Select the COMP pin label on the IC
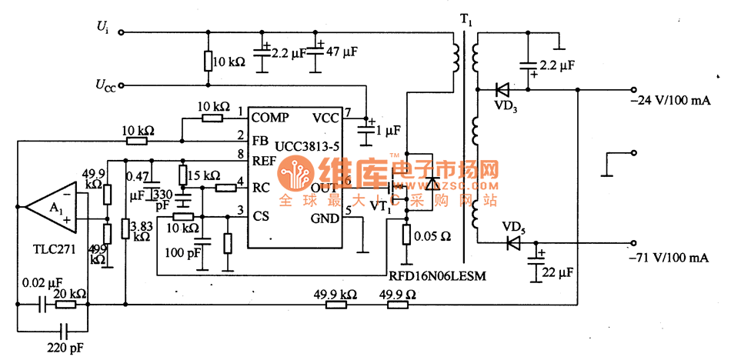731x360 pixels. (271, 118)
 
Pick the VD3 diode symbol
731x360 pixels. (506, 88)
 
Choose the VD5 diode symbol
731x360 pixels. (513, 242)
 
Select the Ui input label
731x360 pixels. (102, 27)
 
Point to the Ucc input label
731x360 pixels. (105, 84)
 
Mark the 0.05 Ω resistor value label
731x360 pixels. (432, 235)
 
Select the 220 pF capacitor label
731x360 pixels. (65, 348)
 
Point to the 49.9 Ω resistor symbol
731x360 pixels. (397, 305)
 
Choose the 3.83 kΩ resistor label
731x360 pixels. (142, 231)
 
